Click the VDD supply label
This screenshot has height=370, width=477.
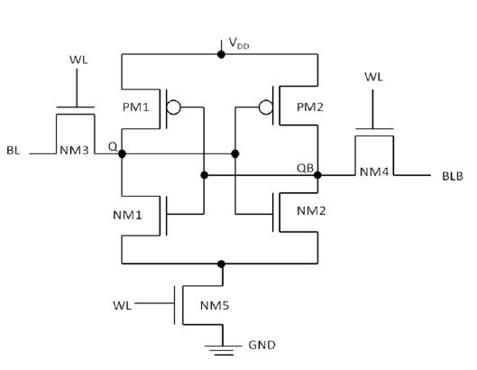(239, 43)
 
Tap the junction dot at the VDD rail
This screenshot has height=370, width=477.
(221, 54)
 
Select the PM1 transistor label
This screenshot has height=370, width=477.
(135, 107)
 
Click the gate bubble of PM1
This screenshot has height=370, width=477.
(174, 107)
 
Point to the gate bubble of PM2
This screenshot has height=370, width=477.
(266, 107)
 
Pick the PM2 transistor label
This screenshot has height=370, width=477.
(310, 107)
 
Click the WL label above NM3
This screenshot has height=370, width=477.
(78, 60)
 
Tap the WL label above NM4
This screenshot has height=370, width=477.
(373, 77)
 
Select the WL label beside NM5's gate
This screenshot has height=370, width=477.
(122, 305)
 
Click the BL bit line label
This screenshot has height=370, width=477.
(14, 150)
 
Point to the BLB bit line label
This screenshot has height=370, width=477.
(453, 176)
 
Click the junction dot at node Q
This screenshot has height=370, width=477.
(122, 153)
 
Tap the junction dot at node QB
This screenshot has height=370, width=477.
(317, 175)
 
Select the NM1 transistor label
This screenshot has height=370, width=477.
(127, 216)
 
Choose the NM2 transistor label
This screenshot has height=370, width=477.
(311, 211)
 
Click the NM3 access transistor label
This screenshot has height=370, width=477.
(74, 150)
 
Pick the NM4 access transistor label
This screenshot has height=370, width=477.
(374, 172)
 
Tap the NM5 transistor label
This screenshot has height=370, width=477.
(215, 305)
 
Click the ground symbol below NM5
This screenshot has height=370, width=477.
(223, 350)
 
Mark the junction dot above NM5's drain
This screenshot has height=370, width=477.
(221, 264)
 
